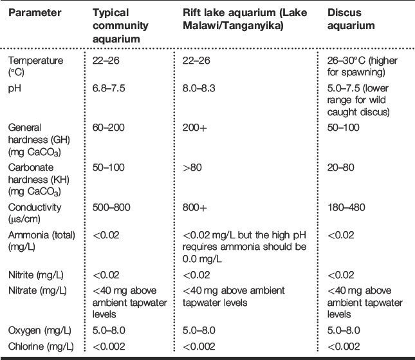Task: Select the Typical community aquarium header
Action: (x=119, y=24)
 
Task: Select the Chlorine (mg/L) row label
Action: (x=39, y=346)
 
